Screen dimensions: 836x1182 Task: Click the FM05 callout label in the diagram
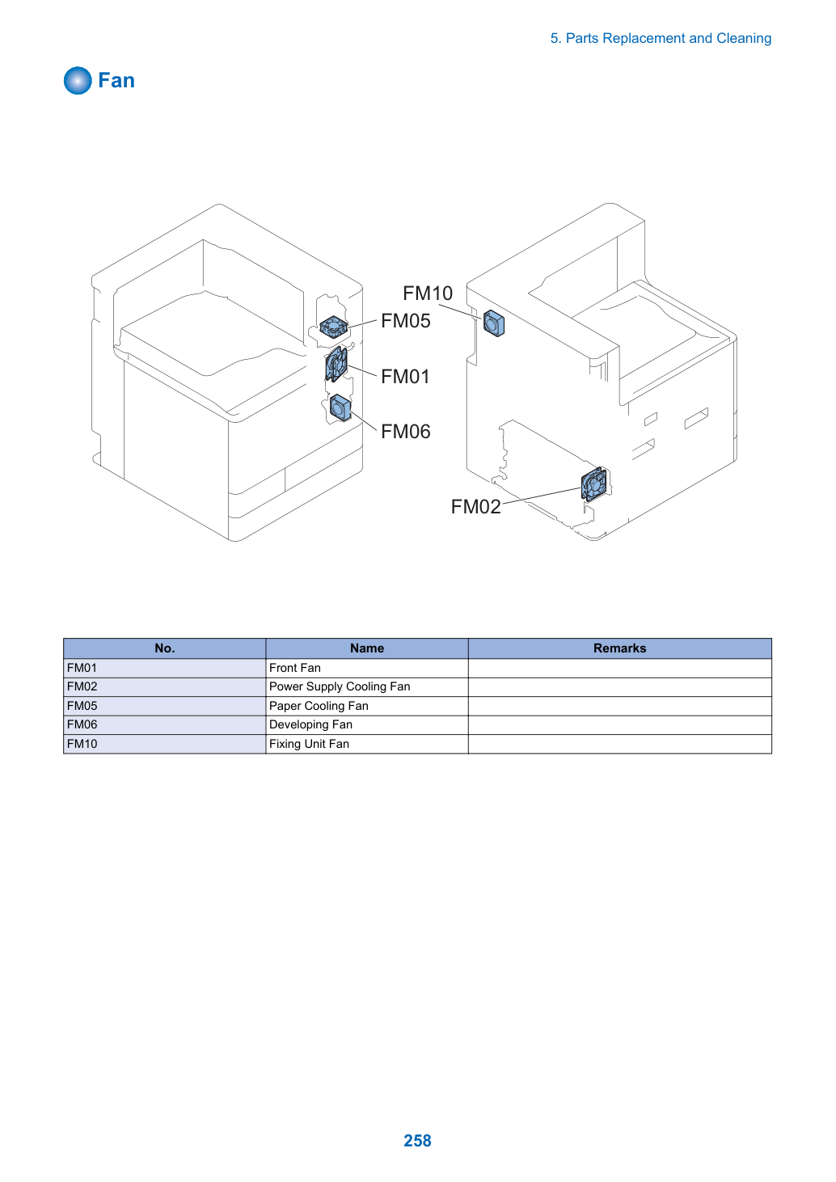click(x=405, y=321)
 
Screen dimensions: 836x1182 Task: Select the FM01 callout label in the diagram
click(x=405, y=377)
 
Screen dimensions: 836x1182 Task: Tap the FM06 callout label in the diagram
click(x=405, y=432)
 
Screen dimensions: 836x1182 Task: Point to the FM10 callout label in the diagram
click(x=428, y=293)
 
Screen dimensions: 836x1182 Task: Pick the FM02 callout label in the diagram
click(x=475, y=507)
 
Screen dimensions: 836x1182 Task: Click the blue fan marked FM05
click(x=334, y=327)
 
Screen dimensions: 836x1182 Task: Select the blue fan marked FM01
click(x=336, y=364)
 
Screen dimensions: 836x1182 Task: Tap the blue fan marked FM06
click(x=340, y=408)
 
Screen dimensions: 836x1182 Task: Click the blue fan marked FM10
click(x=494, y=323)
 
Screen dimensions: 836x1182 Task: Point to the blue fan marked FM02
click(x=593, y=484)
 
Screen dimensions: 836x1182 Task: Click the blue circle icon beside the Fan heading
click(x=78, y=81)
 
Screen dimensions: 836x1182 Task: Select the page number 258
click(x=417, y=1141)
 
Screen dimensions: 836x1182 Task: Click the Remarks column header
click(x=619, y=648)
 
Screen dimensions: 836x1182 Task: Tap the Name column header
click(x=367, y=648)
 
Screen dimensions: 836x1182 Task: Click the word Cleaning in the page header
click(x=744, y=39)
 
